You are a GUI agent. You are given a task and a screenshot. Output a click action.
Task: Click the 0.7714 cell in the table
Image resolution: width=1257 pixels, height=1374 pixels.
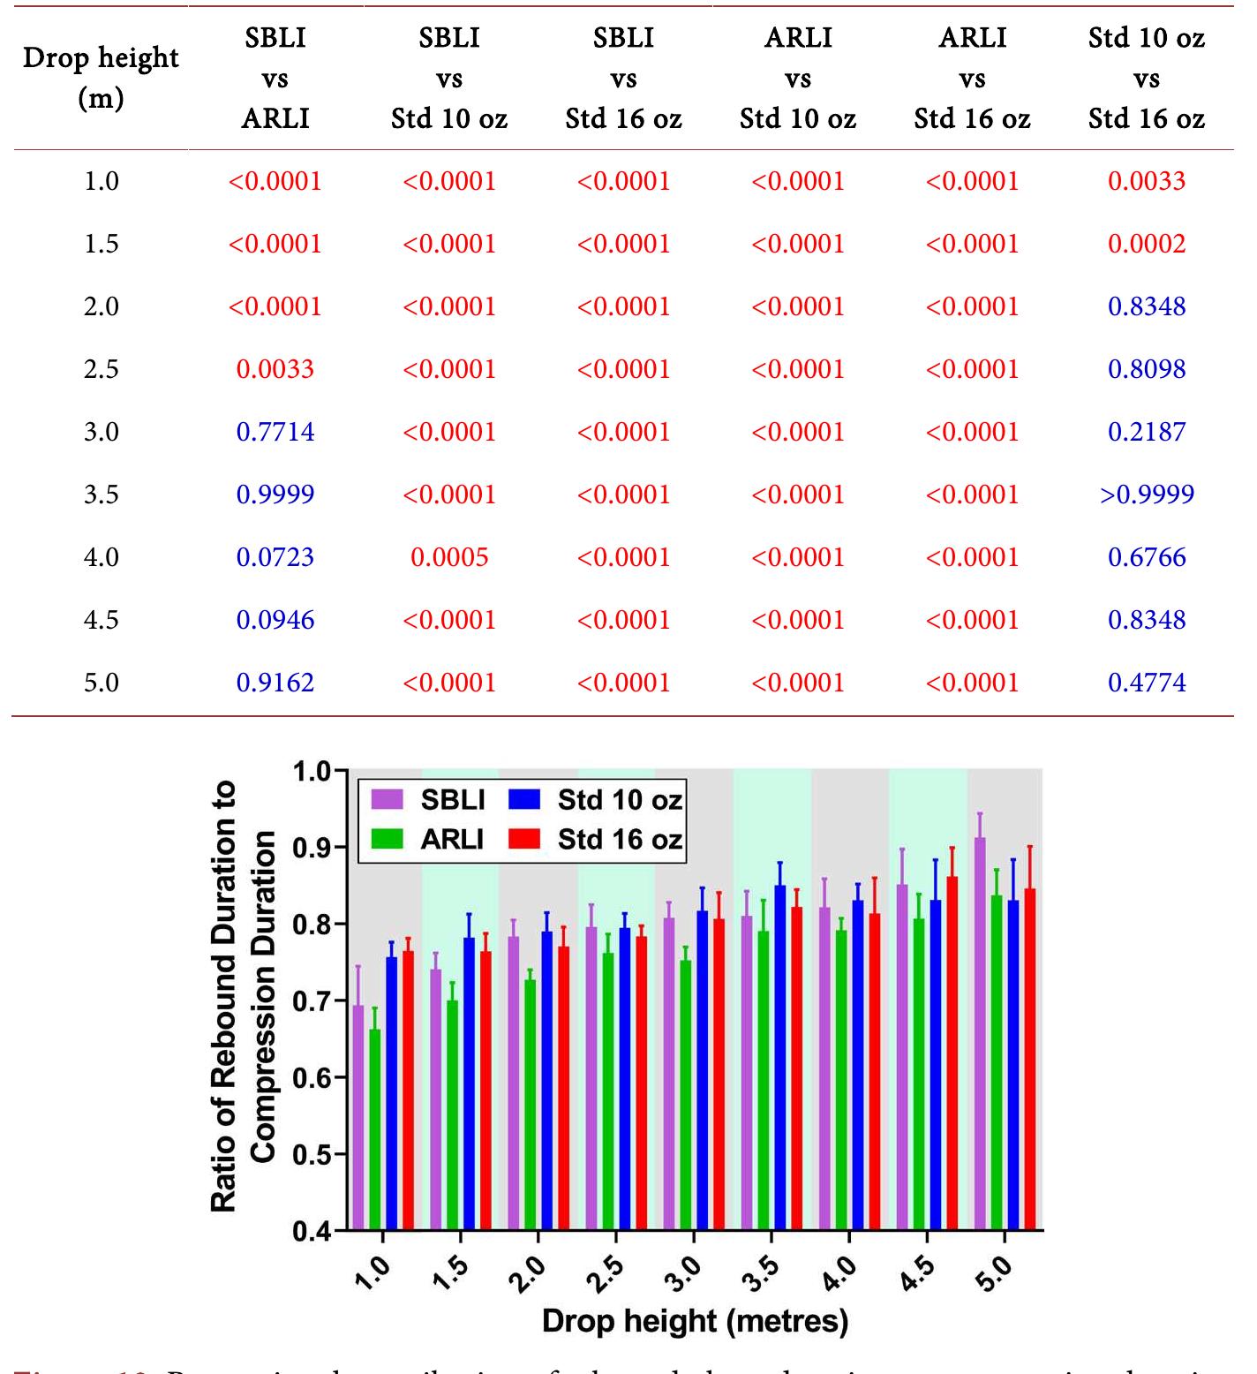pyautogui.click(x=275, y=432)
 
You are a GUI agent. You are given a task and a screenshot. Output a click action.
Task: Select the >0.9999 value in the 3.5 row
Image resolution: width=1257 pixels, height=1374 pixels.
pyautogui.click(x=1146, y=494)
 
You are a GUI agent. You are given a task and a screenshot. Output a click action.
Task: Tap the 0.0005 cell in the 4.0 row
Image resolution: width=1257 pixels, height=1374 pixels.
pyautogui.click(x=449, y=557)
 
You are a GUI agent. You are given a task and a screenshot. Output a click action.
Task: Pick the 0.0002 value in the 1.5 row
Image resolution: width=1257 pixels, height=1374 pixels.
pyautogui.click(x=1146, y=244)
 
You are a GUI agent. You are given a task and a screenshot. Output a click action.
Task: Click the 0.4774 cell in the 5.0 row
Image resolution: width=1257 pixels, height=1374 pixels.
pyautogui.click(x=1146, y=683)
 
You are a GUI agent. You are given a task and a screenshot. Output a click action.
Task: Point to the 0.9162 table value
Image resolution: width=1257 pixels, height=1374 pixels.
pyautogui.click(x=275, y=683)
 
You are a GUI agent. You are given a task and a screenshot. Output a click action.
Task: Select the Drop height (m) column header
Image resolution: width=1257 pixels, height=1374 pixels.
pyautogui.click(x=101, y=78)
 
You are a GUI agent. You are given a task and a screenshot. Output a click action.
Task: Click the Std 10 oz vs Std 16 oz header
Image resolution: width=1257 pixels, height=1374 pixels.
pyautogui.click(x=1146, y=78)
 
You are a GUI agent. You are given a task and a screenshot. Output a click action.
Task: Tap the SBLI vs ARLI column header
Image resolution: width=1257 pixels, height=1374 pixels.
pyautogui.click(x=275, y=78)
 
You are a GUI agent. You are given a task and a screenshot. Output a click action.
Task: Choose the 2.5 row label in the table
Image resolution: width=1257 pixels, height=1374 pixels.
pyautogui.click(x=101, y=369)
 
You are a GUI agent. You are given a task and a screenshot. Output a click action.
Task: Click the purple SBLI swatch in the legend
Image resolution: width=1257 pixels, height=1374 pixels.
pyautogui.click(x=386, y=800)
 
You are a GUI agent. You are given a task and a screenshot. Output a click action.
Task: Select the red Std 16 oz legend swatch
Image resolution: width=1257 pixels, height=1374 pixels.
pyautogui.click(x=524, y=839)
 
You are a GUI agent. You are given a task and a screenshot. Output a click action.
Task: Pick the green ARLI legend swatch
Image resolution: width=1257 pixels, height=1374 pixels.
pyautogui.click(x=386, y=839)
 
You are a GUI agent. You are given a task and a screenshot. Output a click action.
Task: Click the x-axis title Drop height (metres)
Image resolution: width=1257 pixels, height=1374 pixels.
pyautogui.click(x=695, y=1321)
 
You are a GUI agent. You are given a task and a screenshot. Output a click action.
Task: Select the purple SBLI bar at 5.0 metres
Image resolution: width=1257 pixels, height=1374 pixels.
pyautogui.click(x=980, y=1033)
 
